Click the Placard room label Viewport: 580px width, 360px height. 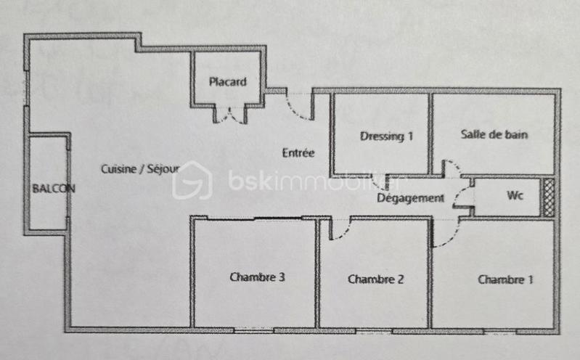[227, 81]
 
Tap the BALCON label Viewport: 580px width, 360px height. [53, 187]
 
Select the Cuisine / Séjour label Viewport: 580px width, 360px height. [140, 169]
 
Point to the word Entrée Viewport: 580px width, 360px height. [298, 152]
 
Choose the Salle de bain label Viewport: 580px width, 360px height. [494, 134]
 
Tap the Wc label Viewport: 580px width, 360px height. [515, 196]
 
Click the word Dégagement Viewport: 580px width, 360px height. [410, 197]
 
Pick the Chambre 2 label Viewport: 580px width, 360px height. [375, 279]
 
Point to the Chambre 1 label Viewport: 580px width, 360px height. [505, 279]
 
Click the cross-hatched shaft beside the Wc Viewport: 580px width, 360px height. [549, 197]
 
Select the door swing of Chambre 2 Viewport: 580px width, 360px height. [339, 228]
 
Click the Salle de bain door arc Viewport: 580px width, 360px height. [451, 168]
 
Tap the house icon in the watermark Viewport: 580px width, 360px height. [192, 180]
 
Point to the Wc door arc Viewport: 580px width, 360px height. [463, 195]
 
